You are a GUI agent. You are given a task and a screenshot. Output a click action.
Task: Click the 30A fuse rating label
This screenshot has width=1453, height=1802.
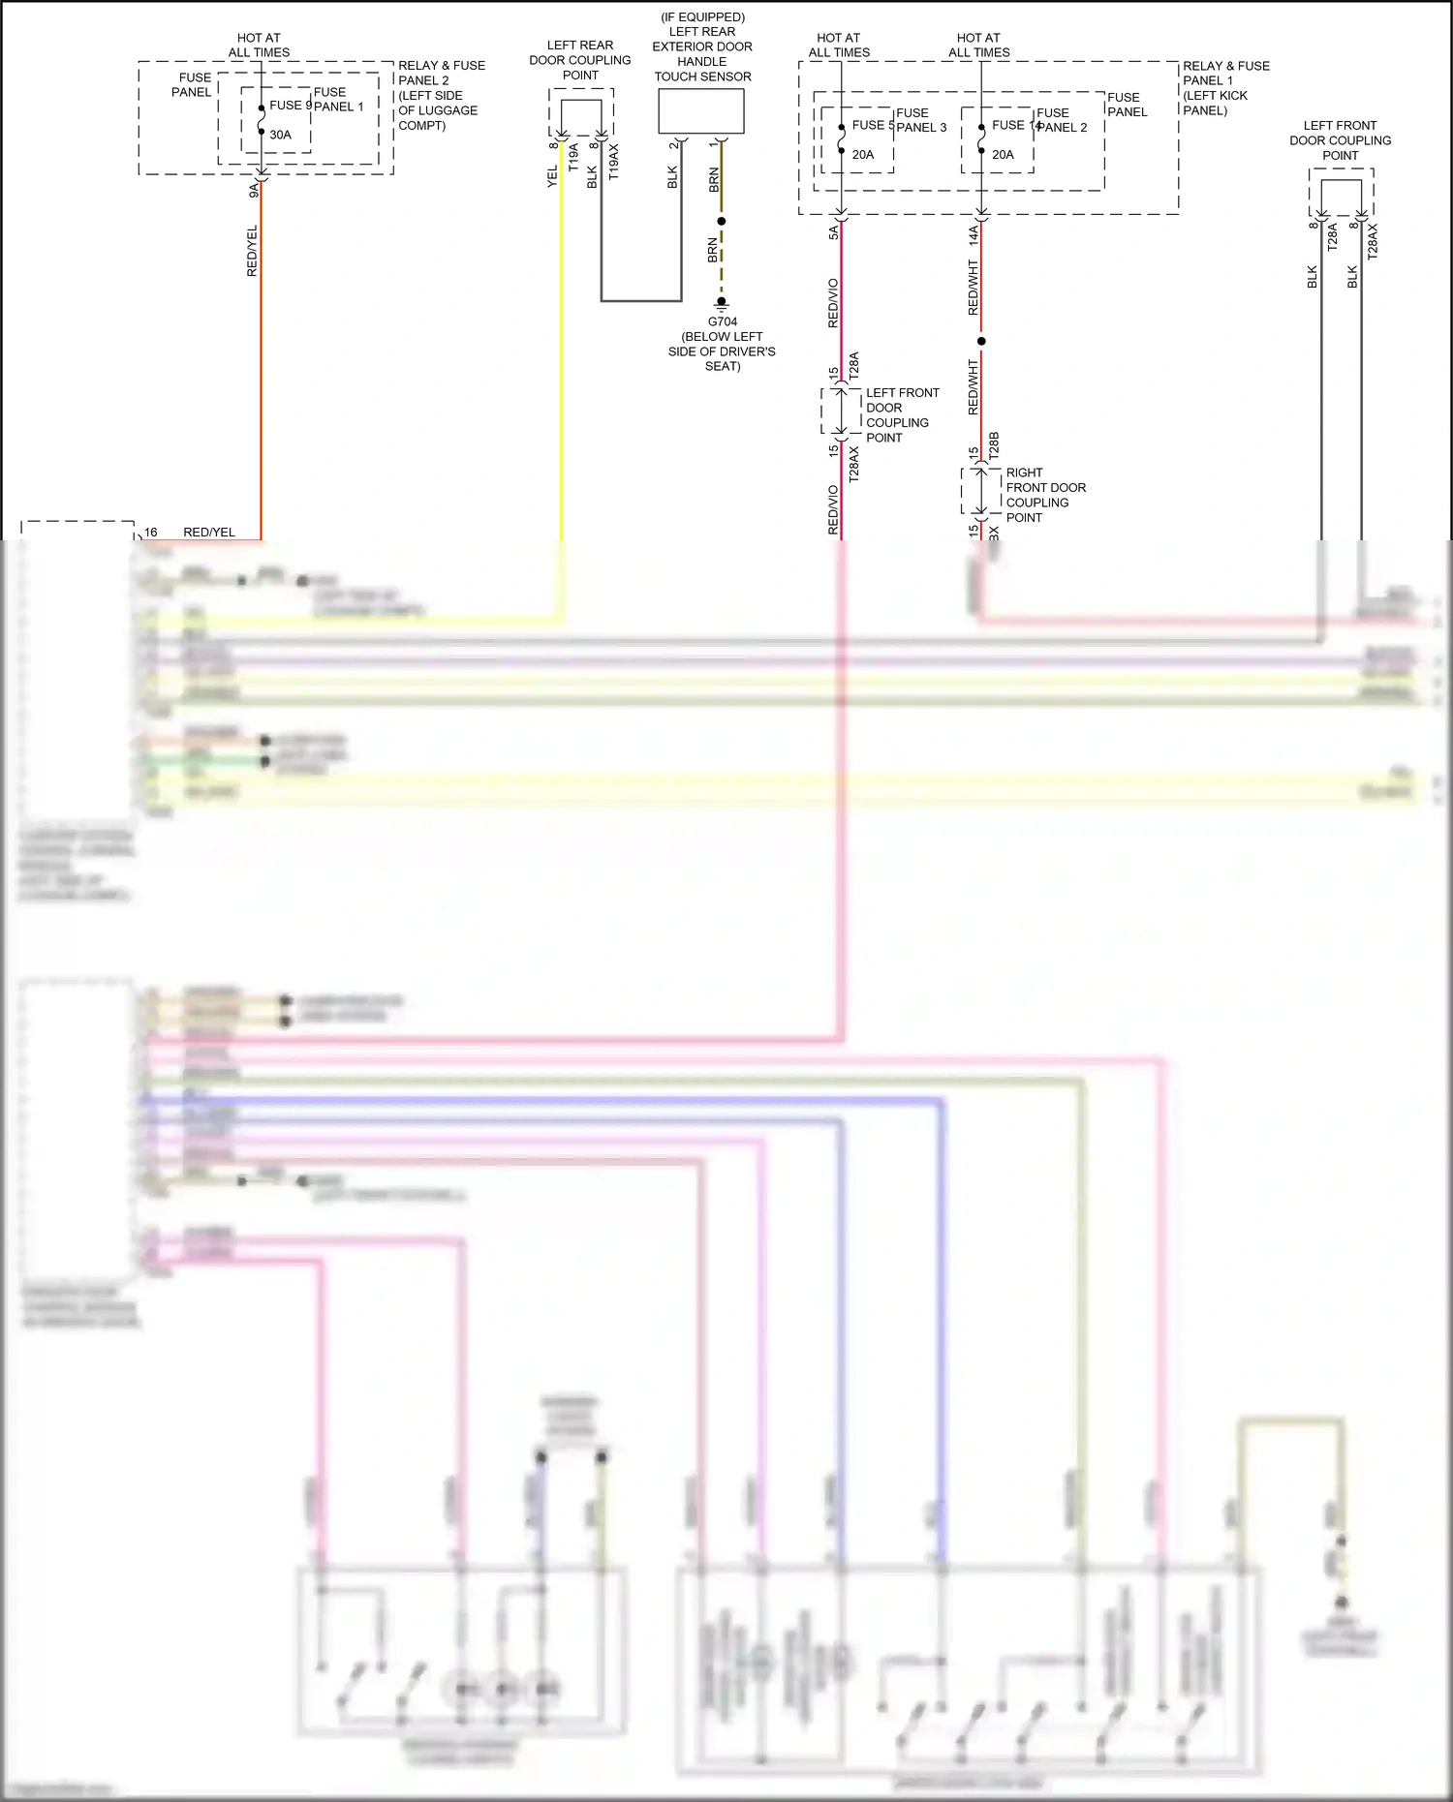[280, 135]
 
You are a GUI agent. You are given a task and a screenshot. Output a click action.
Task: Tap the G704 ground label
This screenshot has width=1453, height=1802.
[722, 321]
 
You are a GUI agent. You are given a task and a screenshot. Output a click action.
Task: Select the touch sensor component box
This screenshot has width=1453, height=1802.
[701, 111]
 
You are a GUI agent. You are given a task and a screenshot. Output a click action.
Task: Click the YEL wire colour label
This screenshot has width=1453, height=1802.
[552, 176]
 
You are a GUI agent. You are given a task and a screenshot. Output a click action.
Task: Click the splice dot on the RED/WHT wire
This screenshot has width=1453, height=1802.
[981, 341]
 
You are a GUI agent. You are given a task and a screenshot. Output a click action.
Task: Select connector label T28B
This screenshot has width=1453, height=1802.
[994, 445]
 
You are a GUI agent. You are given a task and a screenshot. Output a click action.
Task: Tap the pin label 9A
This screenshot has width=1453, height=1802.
[254, 191]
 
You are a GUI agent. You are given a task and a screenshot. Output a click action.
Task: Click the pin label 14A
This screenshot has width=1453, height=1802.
[974, 234]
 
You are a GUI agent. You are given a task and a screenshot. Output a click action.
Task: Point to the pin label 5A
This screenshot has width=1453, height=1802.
[833, 233]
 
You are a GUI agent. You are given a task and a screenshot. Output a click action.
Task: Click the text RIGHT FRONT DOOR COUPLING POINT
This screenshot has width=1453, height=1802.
[1044, 495]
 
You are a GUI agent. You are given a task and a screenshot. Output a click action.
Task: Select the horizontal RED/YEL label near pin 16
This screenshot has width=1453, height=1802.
[209, 532]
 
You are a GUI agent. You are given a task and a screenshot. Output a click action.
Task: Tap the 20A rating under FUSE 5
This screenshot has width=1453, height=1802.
[862, 154]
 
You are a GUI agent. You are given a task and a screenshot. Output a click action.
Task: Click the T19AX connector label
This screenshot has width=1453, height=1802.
[613, 163]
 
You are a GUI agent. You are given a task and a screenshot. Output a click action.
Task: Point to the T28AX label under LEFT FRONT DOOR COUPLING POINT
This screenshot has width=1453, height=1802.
[853, 464]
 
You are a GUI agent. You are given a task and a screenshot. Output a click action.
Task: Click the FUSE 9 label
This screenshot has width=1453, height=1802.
[290, 105]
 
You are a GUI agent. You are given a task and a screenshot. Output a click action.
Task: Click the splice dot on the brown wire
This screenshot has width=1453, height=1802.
[721, 221]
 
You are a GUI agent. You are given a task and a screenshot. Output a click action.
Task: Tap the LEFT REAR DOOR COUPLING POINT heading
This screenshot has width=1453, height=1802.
[579, 60]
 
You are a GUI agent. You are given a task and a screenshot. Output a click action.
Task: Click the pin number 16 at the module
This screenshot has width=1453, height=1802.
[151, 532]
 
